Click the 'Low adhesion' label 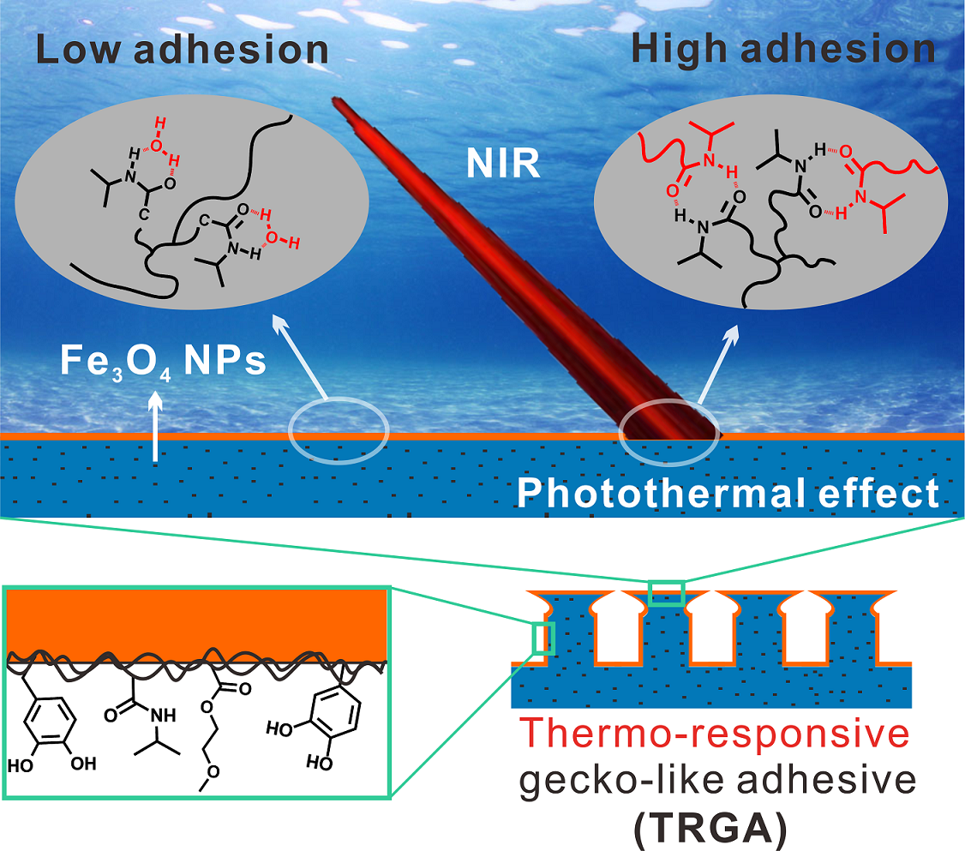183,50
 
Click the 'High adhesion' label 782,50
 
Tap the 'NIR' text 503,163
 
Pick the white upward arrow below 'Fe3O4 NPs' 154,428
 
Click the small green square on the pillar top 666,593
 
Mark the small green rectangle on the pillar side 543,638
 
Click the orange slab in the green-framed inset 197,621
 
